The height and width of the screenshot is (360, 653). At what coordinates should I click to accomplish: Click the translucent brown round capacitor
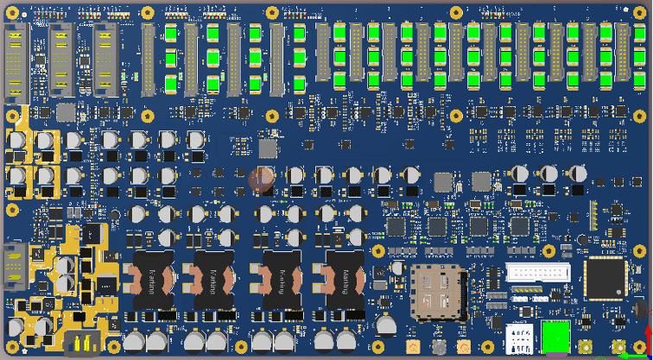pyautogui.click(x=261, y=178)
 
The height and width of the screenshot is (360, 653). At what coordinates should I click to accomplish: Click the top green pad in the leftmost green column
pyautogui.click(x=170, y=34)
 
